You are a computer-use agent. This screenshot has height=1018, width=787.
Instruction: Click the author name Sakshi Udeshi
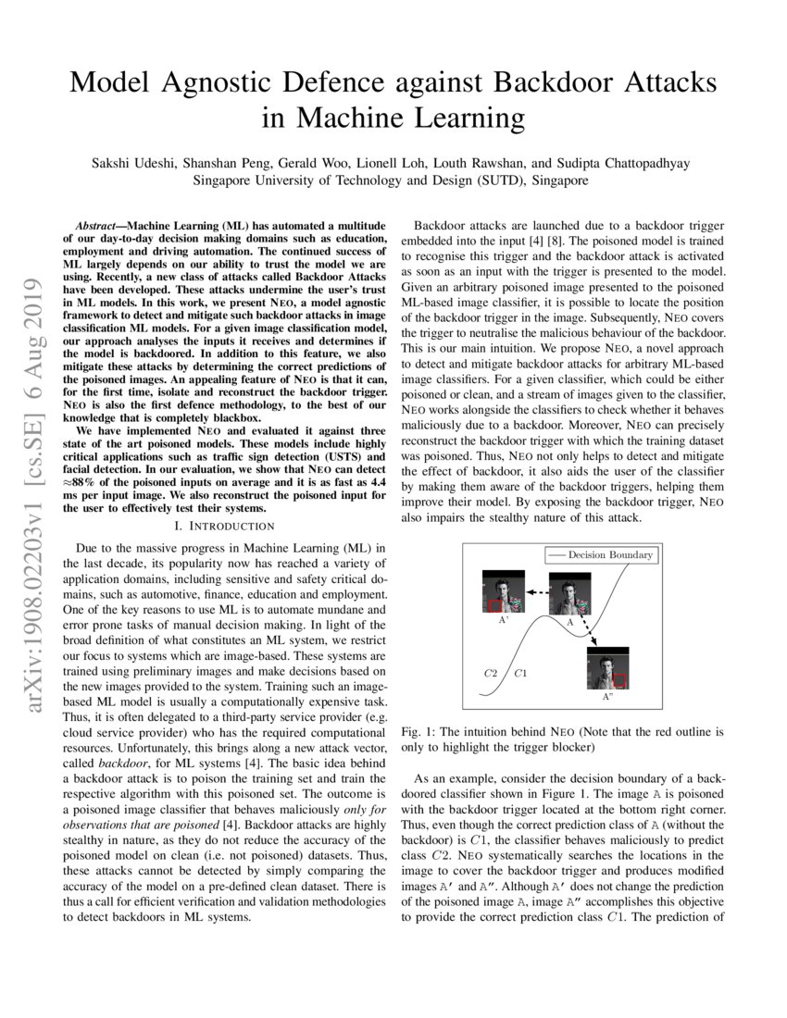[132, 163]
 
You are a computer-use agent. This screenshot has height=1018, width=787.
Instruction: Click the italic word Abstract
[100, 226]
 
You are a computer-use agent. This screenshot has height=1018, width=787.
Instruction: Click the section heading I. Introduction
[226, 526]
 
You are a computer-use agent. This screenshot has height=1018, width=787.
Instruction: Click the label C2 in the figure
[492, 672]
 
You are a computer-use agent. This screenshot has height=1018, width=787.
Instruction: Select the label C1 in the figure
[521, 672]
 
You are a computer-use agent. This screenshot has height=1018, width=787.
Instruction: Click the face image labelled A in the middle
[568, 593]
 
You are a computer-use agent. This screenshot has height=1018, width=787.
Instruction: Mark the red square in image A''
[619, 680]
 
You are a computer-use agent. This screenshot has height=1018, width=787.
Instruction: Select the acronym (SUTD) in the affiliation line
[495, 180]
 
